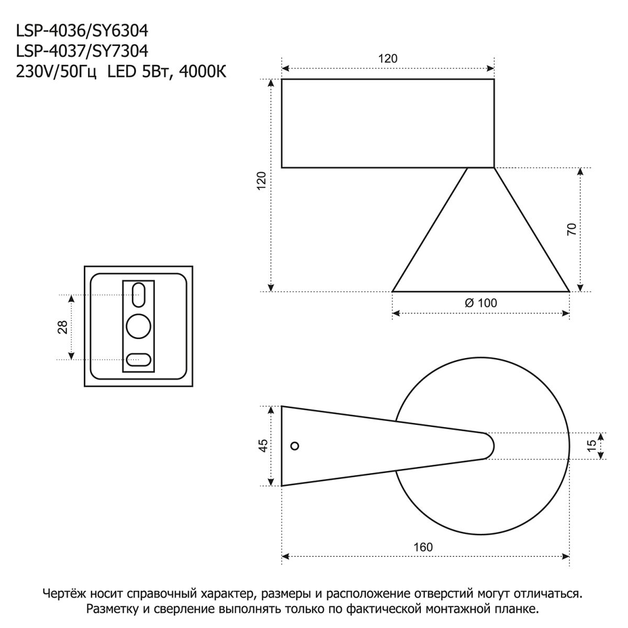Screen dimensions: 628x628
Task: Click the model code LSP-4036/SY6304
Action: click(x=82, y=31)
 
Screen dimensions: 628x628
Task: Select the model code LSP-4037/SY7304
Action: click(x=82, y=51)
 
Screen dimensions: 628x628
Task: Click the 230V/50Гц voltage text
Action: click(x=57, y=72)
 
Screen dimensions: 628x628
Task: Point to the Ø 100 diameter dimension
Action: click(x=480, y=302)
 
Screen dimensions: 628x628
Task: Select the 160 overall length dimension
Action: click(x=423, y=547)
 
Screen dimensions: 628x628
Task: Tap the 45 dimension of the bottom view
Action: click(x=263, y=445)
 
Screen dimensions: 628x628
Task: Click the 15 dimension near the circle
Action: click(x=591, y=445)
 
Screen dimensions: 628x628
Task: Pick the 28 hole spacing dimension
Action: click(x=62, y=327)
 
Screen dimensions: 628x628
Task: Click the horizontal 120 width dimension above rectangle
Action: click(x=388, y=59)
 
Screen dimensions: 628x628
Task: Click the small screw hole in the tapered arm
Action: click(x=295, y=446)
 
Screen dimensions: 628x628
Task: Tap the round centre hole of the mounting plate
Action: click(x=139, y=327)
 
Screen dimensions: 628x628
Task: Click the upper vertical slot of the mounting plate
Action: click(x=139, y=295)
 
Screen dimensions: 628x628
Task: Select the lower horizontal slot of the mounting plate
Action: click(x=139, y=360)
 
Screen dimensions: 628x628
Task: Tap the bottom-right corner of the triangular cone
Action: click(x=568, y=290)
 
